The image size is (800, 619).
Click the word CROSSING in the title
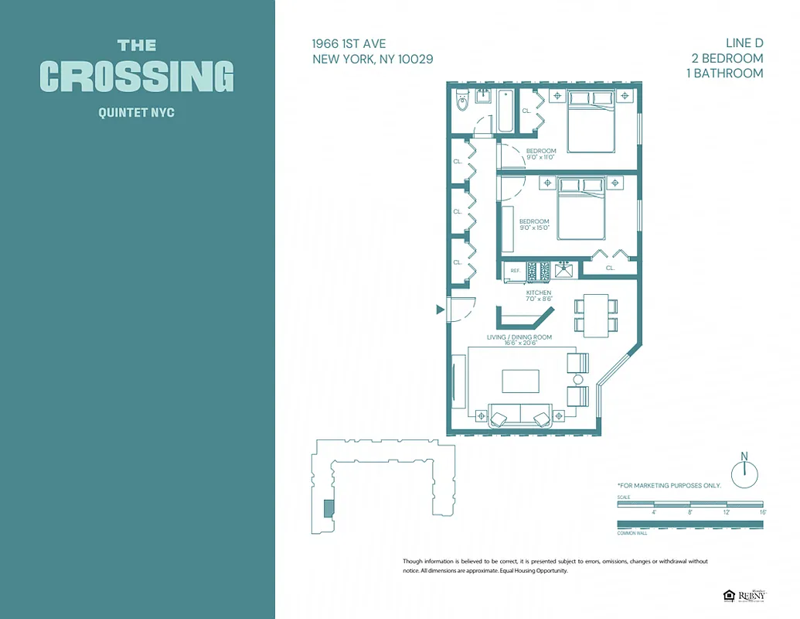[137, 77]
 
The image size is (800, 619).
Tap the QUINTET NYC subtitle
[137, 113]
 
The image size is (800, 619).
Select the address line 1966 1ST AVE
[349, 44]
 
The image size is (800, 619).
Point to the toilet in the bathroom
[462, 101]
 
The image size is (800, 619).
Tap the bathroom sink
[484, 97]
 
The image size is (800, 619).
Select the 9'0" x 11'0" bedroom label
[541, 155]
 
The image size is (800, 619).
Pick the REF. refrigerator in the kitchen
[514, 272]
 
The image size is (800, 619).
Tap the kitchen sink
[563, 271]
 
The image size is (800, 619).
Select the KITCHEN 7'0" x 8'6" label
[539, 296]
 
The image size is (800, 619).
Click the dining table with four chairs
[596, 315]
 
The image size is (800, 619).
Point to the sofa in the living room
[519, 416]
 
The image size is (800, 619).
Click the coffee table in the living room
[520, 381]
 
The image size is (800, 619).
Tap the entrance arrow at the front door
[440, 309]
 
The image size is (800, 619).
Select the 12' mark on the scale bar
[726, 511]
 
